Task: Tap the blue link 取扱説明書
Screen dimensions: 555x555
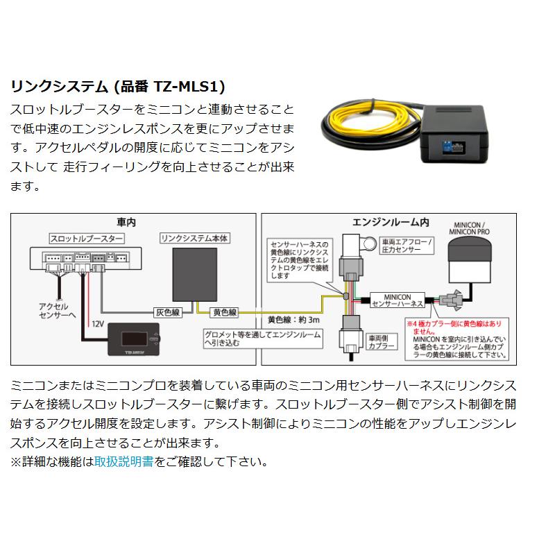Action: click(123, 461)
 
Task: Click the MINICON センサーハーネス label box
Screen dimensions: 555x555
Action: click(398, 298)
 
